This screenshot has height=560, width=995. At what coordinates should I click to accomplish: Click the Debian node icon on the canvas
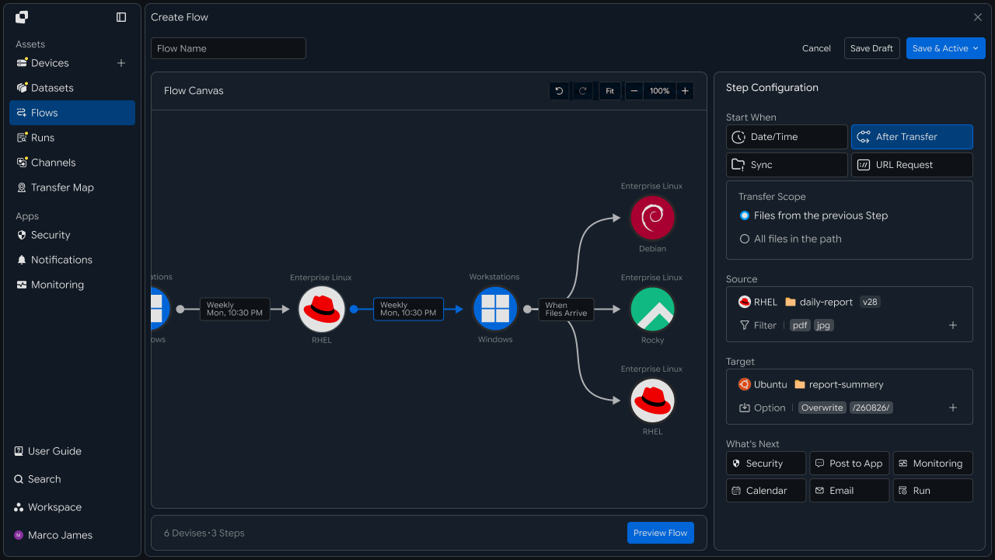(652, 218)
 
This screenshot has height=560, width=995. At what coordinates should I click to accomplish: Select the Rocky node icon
(652, 309)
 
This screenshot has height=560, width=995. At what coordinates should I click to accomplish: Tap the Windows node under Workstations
(495, 309)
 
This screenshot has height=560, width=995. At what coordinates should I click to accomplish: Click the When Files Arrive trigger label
(566, 310)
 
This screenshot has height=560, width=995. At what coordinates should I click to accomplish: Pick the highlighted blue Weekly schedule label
(408, 309)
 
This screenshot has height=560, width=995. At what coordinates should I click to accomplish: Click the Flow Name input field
(229, 48)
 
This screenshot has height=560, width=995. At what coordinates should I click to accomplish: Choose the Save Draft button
(871, 48)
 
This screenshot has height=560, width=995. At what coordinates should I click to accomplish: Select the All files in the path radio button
(745, 239)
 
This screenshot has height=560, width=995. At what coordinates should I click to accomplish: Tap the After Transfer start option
(912, 137)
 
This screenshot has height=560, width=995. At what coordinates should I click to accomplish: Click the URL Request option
(912, 165)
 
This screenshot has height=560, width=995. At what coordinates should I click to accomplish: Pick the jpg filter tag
(823, 325)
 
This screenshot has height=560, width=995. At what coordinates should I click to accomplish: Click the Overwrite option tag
(822, 408)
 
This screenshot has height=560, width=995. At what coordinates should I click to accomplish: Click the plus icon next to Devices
(121, 63)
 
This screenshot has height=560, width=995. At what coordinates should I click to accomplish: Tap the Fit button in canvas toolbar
(609, 91)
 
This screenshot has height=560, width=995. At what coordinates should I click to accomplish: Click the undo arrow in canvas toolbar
(559, 91)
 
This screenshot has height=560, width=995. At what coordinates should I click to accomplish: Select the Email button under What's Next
(850, 491)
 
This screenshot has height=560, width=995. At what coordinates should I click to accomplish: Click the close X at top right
(978, 17)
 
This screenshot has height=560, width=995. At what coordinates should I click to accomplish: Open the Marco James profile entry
(54, 535)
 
